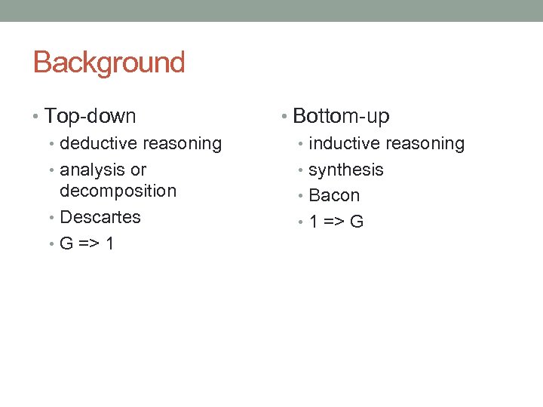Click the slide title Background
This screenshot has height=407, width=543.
(x=109, y=63)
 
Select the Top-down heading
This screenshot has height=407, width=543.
(x=90, y=116)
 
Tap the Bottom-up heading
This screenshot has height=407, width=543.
(x=341, y=116)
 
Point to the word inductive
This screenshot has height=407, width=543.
(x=345, y=143)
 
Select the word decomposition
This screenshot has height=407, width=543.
(x=118, y=191)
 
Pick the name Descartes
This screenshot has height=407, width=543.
(x=100, y=217)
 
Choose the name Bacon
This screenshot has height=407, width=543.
(x=334, y=195)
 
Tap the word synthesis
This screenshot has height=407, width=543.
(x=346, y=170)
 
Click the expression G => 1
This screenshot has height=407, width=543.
(x=87, y=243)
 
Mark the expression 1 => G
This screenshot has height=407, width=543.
(x=336, y=222)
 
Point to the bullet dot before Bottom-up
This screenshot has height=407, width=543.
(x=284, y=117)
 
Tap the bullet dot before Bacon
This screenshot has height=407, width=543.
(x=301, y=196)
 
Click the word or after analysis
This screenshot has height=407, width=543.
(x=138, y=170)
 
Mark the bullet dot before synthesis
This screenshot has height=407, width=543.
(x=301, y=170)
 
